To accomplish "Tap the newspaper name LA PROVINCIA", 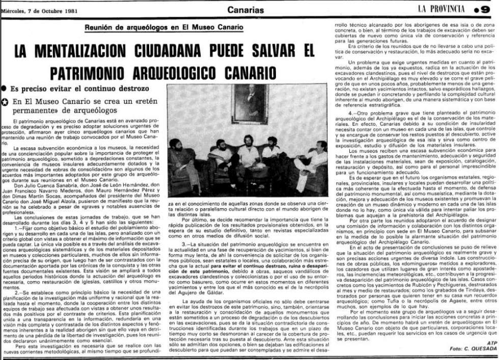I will tap(441, 9).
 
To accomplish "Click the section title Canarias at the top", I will tap(245, 10).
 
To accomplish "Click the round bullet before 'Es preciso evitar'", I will tap(4, 88).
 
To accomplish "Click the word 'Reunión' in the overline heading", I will tap(100, 27).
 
